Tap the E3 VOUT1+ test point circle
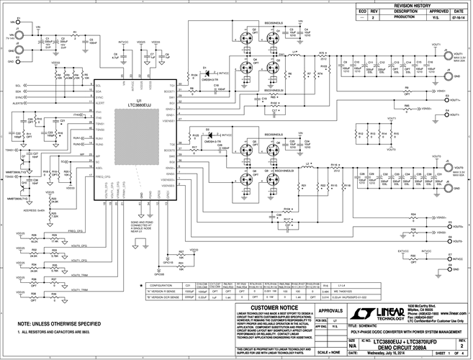[x=447, y=92]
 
